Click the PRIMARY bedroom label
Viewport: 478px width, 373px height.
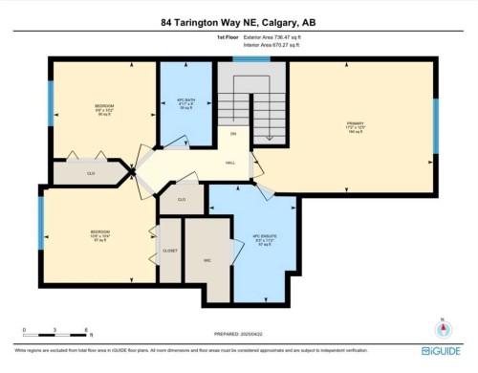[x=355, y=124]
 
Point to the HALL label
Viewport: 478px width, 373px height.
[x=230, y=164]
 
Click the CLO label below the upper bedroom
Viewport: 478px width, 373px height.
[x=90, y=174]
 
